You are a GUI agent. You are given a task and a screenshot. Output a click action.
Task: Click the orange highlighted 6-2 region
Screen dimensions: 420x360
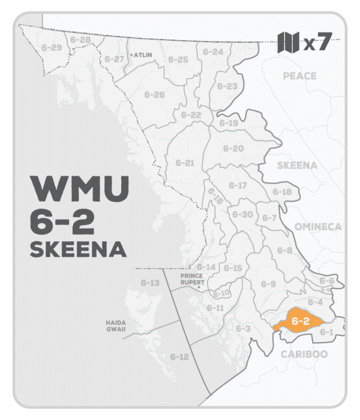tap(299, 321)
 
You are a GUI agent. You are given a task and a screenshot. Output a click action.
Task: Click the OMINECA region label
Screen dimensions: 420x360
tap(317, 226)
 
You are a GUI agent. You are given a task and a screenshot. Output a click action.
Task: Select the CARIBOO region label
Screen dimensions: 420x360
tap(304, 354)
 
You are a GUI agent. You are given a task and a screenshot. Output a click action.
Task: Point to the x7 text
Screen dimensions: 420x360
tap(317, 43)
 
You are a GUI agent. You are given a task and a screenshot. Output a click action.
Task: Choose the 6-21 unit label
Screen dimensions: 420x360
tap(185, 163)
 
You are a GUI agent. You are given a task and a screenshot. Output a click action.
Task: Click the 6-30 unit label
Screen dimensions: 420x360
tap(242, 214)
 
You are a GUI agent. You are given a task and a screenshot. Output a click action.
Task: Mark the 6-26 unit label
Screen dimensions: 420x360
tap(155, 95)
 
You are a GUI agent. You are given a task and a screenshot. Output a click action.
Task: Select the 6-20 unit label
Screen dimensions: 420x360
tap(233, 148)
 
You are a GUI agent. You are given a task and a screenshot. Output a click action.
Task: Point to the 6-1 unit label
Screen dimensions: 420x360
tap(326, 332)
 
